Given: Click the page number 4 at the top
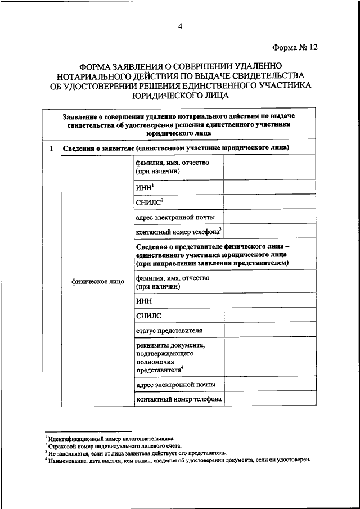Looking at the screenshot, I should tap(181, 26).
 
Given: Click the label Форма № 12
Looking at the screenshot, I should tap(295, 47).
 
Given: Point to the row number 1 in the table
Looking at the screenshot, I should tap(51, 148).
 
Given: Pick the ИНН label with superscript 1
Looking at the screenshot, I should tap(145, 187).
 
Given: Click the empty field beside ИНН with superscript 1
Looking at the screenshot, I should tap(270, 187).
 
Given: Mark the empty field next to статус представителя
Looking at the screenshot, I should tap(270, 330).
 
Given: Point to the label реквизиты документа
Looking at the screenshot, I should tap(170, 345).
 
